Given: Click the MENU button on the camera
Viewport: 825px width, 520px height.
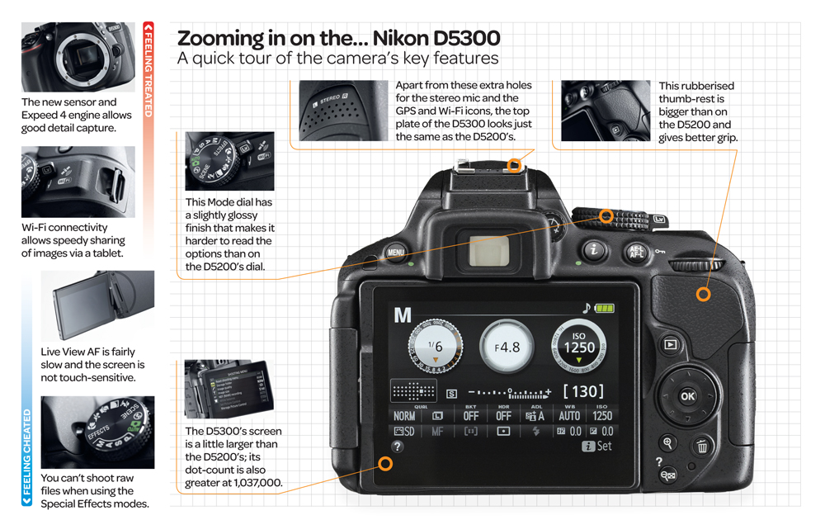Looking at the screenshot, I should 396,253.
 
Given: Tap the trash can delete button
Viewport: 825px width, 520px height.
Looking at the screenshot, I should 702,447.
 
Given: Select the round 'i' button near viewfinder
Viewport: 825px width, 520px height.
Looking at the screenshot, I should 593,250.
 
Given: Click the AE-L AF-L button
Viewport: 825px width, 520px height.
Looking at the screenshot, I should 637,252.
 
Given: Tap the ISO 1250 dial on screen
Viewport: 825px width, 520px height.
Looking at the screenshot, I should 579,345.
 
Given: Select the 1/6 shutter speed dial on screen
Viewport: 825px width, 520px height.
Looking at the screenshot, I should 435,347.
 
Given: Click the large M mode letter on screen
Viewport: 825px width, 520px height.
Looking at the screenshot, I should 403,314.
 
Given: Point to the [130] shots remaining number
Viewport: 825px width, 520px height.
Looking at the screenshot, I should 583,391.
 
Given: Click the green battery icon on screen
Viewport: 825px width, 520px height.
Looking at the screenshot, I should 605,309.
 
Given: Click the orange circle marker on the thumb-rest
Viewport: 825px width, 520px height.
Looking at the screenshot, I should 703,294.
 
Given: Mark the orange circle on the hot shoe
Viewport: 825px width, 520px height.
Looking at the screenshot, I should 514,166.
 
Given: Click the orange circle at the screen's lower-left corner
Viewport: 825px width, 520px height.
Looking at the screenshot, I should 385,464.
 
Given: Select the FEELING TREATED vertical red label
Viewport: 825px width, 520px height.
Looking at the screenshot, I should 148,69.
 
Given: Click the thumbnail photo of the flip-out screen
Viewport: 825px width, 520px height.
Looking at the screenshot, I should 97,305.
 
